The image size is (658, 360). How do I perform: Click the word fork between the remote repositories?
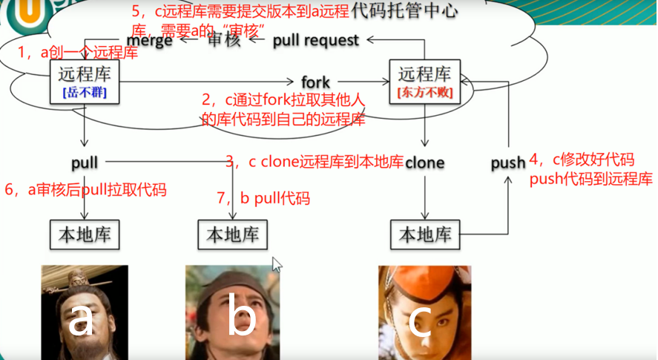pyautogui.click(x=316, y=81)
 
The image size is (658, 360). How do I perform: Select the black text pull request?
pyautogui.click(x=316, y=40)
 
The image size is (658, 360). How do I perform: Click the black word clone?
pyautogui.click(x=424, y=162)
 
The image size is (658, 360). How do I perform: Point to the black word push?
pyautogui.click(x=508, y=163)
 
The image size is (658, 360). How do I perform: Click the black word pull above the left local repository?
pyautogui.click(x=85, y=162)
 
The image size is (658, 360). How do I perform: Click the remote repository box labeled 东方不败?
pyautogui.click(x=425, y=82)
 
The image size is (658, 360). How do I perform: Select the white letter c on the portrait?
pyautogui.click(x=421, y=321)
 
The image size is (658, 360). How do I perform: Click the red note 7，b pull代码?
pyautogui.click(x=263, y=198)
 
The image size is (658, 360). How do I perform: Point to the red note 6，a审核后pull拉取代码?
pyautogui.click(x=85, y=190)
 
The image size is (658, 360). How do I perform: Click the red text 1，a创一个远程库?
pyautogui.click(x=78, y=53)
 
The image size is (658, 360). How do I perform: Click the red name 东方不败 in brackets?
pyautogui.click(x=425, y=94)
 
